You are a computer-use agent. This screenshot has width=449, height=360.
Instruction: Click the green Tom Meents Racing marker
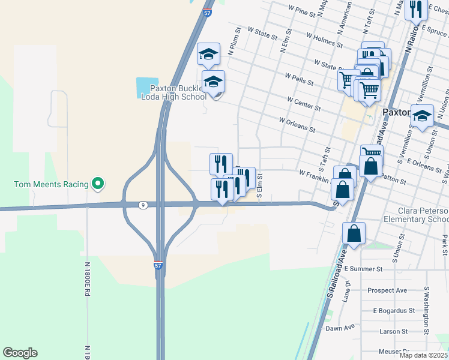coord(97,184)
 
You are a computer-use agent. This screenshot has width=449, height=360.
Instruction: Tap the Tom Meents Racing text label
coord(50,184)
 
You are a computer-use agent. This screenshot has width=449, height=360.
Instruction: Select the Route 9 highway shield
coord(142,205)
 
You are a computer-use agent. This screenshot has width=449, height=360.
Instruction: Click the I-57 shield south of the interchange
coord(158,264)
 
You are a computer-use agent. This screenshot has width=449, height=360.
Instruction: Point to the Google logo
coord(20,353)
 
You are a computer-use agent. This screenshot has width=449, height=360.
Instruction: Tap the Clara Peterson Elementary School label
coord(423,215)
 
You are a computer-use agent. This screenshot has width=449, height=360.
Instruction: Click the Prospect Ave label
coord(387,290)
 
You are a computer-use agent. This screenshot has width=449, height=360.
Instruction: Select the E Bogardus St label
coord(394,311)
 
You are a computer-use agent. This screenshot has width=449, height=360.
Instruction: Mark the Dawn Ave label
coord(340,328)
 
